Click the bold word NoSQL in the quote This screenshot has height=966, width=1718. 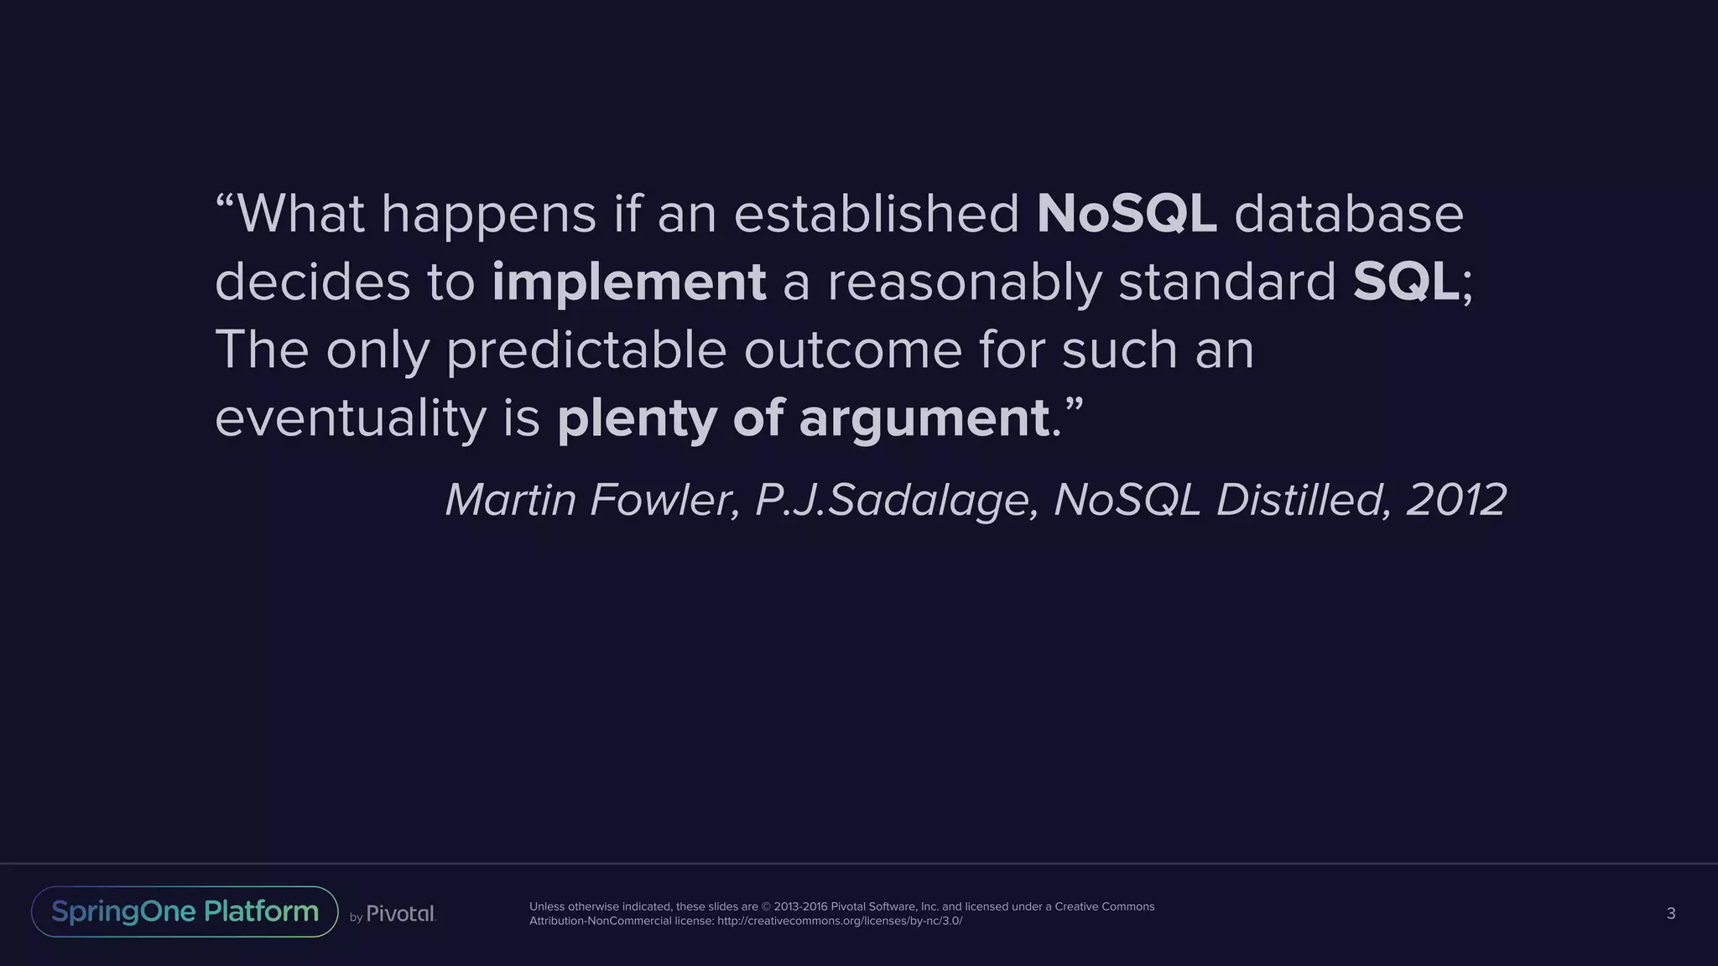[x=1126, y=214]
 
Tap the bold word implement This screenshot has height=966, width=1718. [x=628, y=282]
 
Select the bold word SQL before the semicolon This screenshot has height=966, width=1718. [x=1405, y=282]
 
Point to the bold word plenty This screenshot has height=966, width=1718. [x=637, y=418]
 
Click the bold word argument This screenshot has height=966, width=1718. [x=924, y=418]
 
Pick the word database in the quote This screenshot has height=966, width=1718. [x=1348, y=214]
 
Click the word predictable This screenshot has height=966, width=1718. [x=586, y=350]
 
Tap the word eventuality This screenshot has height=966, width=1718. [x=350, y=418]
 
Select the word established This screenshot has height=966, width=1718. [x=877, y=214]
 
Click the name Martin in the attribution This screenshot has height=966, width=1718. [x=510, y=500]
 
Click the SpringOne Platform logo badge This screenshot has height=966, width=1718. [x=185, y=911]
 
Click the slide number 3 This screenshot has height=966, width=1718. [x=1670, y=913]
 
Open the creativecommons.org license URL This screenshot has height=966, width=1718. [x=840, y=921]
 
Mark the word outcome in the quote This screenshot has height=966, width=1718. [x=852, y=350]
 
